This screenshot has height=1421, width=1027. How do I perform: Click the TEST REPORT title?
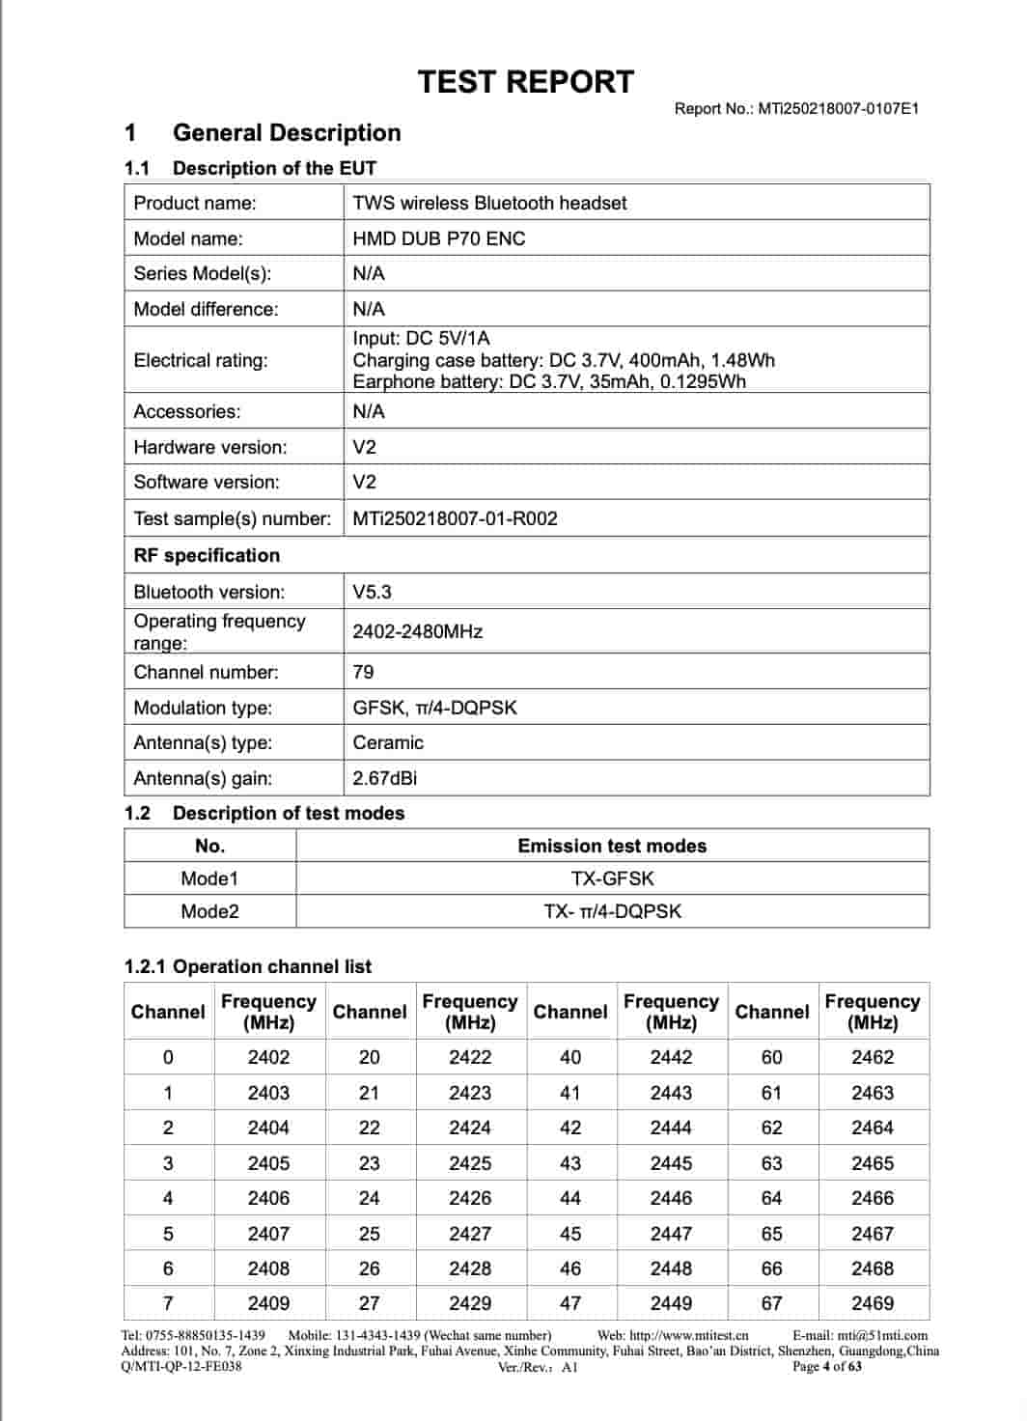click(x=526, y=82)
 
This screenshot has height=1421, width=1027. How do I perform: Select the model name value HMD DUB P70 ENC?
click(x=439, y=238)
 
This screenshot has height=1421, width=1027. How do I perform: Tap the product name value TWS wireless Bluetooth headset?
click(x=489, y=203)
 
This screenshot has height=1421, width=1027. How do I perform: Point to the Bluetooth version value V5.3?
click(x=372, y=592)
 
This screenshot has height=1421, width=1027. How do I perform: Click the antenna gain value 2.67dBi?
click(x=384, y=778)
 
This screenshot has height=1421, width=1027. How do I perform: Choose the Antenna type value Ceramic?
click(x=388, y=742)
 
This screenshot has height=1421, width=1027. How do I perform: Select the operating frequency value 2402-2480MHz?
click(x=417, y=631)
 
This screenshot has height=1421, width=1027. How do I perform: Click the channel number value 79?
click(x=363, y=672)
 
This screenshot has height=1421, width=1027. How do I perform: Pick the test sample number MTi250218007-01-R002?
click(x=455, y=518)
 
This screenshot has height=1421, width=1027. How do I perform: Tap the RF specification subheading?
click(x=207, y=555)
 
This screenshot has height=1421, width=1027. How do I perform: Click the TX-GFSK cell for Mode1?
click(x=612, y=878)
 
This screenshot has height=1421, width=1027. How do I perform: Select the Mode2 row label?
click(x=209, y=911)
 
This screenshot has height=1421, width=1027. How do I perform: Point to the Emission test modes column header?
click(x=612, y=846)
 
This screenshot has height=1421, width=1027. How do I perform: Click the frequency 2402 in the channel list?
click(x=268, y=1057)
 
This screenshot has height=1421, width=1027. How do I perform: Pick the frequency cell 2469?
click(x=873, y=1303)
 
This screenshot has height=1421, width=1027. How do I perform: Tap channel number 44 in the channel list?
click(x=570, y=1198)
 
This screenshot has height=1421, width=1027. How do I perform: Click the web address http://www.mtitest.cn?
click(x=688, y=1335)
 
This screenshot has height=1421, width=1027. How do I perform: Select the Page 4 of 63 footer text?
click(x=826, y=1366)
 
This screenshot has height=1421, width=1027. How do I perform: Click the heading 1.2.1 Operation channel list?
click(x=247, y=966)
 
